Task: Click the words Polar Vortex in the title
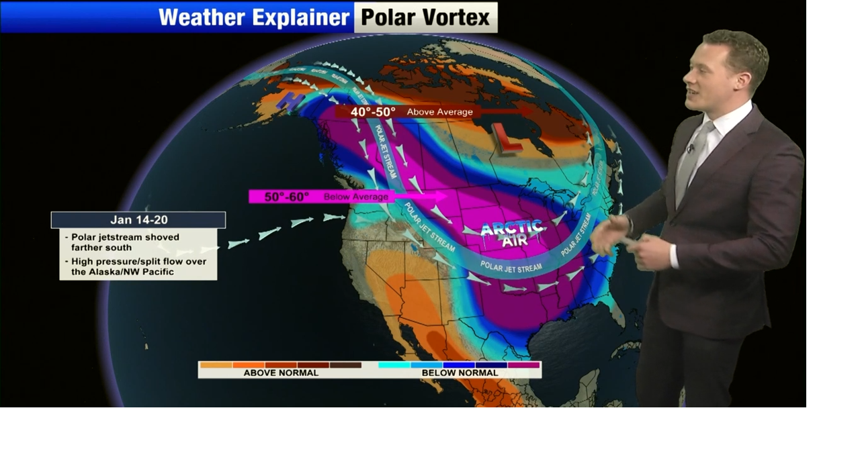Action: point(425,17)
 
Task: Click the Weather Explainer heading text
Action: point(255,17)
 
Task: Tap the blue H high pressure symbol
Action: point(294,101)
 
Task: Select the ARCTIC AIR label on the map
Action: point(512,232)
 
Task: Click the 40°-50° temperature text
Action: point(373,111)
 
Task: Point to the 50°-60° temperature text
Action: point(286,197)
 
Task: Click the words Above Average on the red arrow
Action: point(439,112)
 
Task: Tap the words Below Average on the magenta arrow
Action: point(355,197)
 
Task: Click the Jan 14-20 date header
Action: point(138,220)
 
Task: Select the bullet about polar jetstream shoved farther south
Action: point(124,242)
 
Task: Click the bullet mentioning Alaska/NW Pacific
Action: point(138,266)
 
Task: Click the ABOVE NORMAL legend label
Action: point(281,372)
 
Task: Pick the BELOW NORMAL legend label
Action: point(460,372)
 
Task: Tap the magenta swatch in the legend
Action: point(524,365)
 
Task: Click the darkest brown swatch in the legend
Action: point(345,365)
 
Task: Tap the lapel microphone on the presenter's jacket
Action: point(690,148)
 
